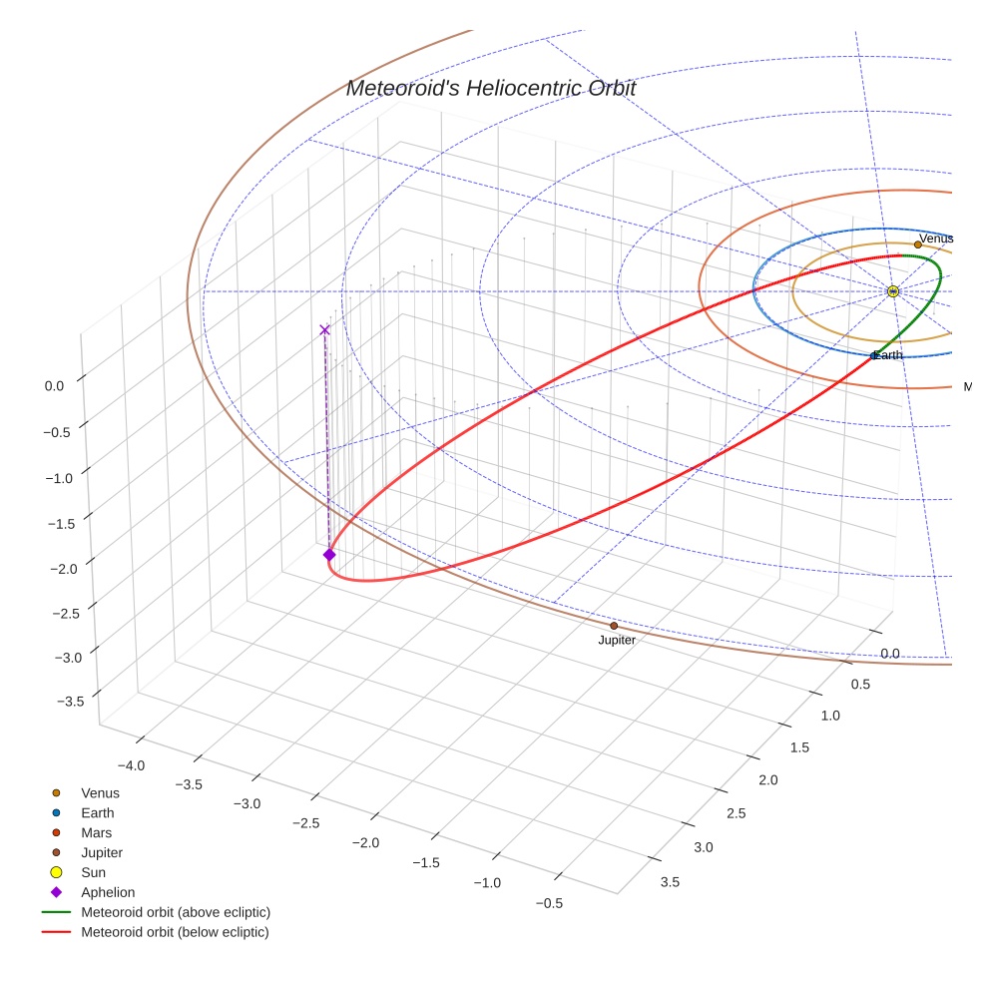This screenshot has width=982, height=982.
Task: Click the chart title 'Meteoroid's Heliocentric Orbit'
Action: coord(490,89)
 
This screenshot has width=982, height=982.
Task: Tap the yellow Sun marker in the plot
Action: coord(893,291)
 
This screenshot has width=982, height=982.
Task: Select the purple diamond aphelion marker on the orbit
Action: coord(329,555)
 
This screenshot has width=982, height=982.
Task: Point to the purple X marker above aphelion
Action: coord(324,329)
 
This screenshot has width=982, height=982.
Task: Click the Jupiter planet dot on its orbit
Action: coord(614,626)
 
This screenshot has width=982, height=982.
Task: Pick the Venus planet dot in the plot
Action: coord(918,245)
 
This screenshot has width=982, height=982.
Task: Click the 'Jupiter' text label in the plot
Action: coord(617,641)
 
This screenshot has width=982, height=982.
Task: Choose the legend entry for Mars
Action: coord(96,832)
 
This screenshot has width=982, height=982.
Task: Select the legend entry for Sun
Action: coord(93,872)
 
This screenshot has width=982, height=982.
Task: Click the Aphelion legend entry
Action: coord(107,892)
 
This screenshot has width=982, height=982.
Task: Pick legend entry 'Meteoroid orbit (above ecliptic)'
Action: coord(175,912)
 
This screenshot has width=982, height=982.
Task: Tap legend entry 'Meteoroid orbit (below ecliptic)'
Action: coord(175,932)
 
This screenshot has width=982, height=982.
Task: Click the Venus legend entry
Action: coord(100,792)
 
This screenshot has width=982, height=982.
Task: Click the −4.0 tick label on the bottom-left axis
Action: coord(132,765)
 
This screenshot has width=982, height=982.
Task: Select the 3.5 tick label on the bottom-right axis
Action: coord(670,881)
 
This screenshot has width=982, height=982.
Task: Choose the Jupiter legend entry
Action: coord(101,852)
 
